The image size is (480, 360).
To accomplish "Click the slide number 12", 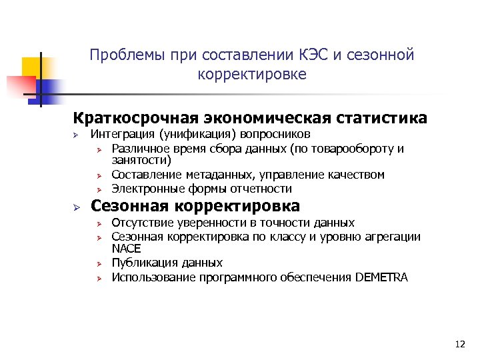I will click(x=459, y=344).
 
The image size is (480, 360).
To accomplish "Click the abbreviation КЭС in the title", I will click(x=312, y=55).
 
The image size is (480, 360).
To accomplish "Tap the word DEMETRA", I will click(x=381, y=277).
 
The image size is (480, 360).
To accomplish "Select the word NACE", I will click(x=126, y=249).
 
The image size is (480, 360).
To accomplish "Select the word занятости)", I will click(x=141, y=161).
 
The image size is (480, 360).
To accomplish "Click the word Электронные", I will click(x=144, y=189).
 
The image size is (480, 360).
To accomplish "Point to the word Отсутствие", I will click(x=141, y=223).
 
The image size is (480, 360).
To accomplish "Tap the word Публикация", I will click(x=140, y=263).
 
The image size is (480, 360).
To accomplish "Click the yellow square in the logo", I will click(x=31, y=67).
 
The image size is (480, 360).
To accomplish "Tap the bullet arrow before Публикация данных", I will click(x=97, y=263).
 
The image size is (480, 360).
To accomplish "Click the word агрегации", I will click(x=395, y=236).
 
